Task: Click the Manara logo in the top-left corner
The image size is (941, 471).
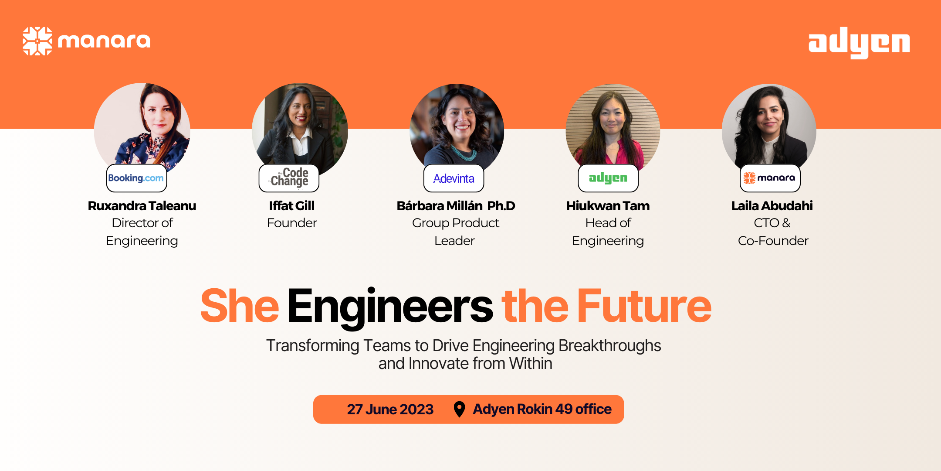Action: point(86,41)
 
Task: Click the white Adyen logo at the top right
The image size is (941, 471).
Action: point(859,43)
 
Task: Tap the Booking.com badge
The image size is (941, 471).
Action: point(136,178)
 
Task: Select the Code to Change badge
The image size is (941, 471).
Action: point(289,178)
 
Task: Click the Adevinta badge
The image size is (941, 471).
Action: point(454,178)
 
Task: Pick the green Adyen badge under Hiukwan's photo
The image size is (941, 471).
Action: point(608,178)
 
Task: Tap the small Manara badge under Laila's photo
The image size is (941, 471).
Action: point(770,178)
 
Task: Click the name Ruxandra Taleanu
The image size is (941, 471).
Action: point(142,206)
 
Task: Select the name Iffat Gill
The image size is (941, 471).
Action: point(291,206)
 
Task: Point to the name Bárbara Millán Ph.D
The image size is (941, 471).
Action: point(456,206)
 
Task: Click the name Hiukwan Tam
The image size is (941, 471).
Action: point(608,206)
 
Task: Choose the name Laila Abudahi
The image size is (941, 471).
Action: point(772,206)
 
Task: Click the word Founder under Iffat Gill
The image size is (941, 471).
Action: point(291,223)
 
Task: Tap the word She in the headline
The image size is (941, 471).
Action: point(239,307)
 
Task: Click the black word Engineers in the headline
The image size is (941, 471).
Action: point(390,307)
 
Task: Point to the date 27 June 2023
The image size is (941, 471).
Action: point(390,410)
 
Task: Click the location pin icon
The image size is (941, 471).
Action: point(459,410)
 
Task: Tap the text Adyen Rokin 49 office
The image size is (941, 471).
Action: point(542,410)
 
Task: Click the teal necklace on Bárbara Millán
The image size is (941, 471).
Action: point(463,154)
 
